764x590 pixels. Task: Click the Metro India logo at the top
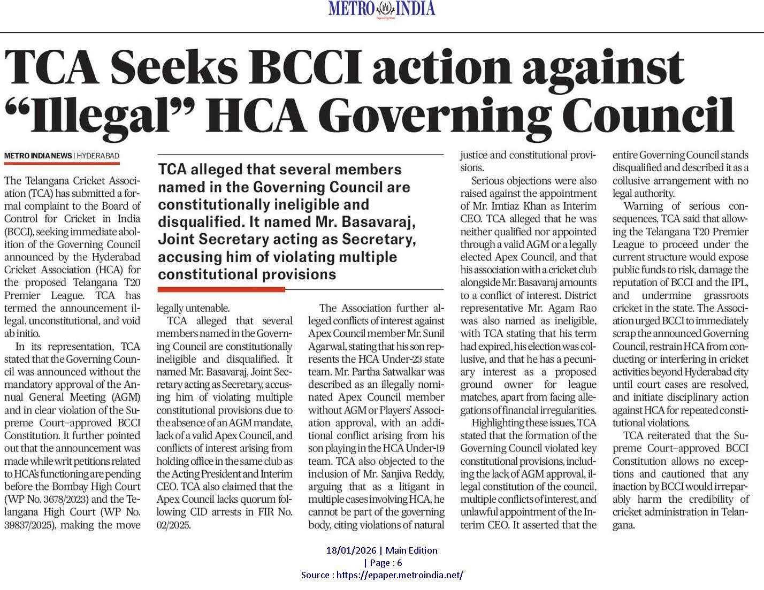click(x=381, y=9)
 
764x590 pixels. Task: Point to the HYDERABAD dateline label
click(x=98, y=156)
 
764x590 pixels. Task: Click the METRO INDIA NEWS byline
click(x=37, y=156)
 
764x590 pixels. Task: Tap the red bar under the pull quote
click(x=221, y=289)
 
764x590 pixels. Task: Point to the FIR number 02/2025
click(x=173, y=525)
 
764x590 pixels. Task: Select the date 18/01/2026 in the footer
click(x=351, y=550)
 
